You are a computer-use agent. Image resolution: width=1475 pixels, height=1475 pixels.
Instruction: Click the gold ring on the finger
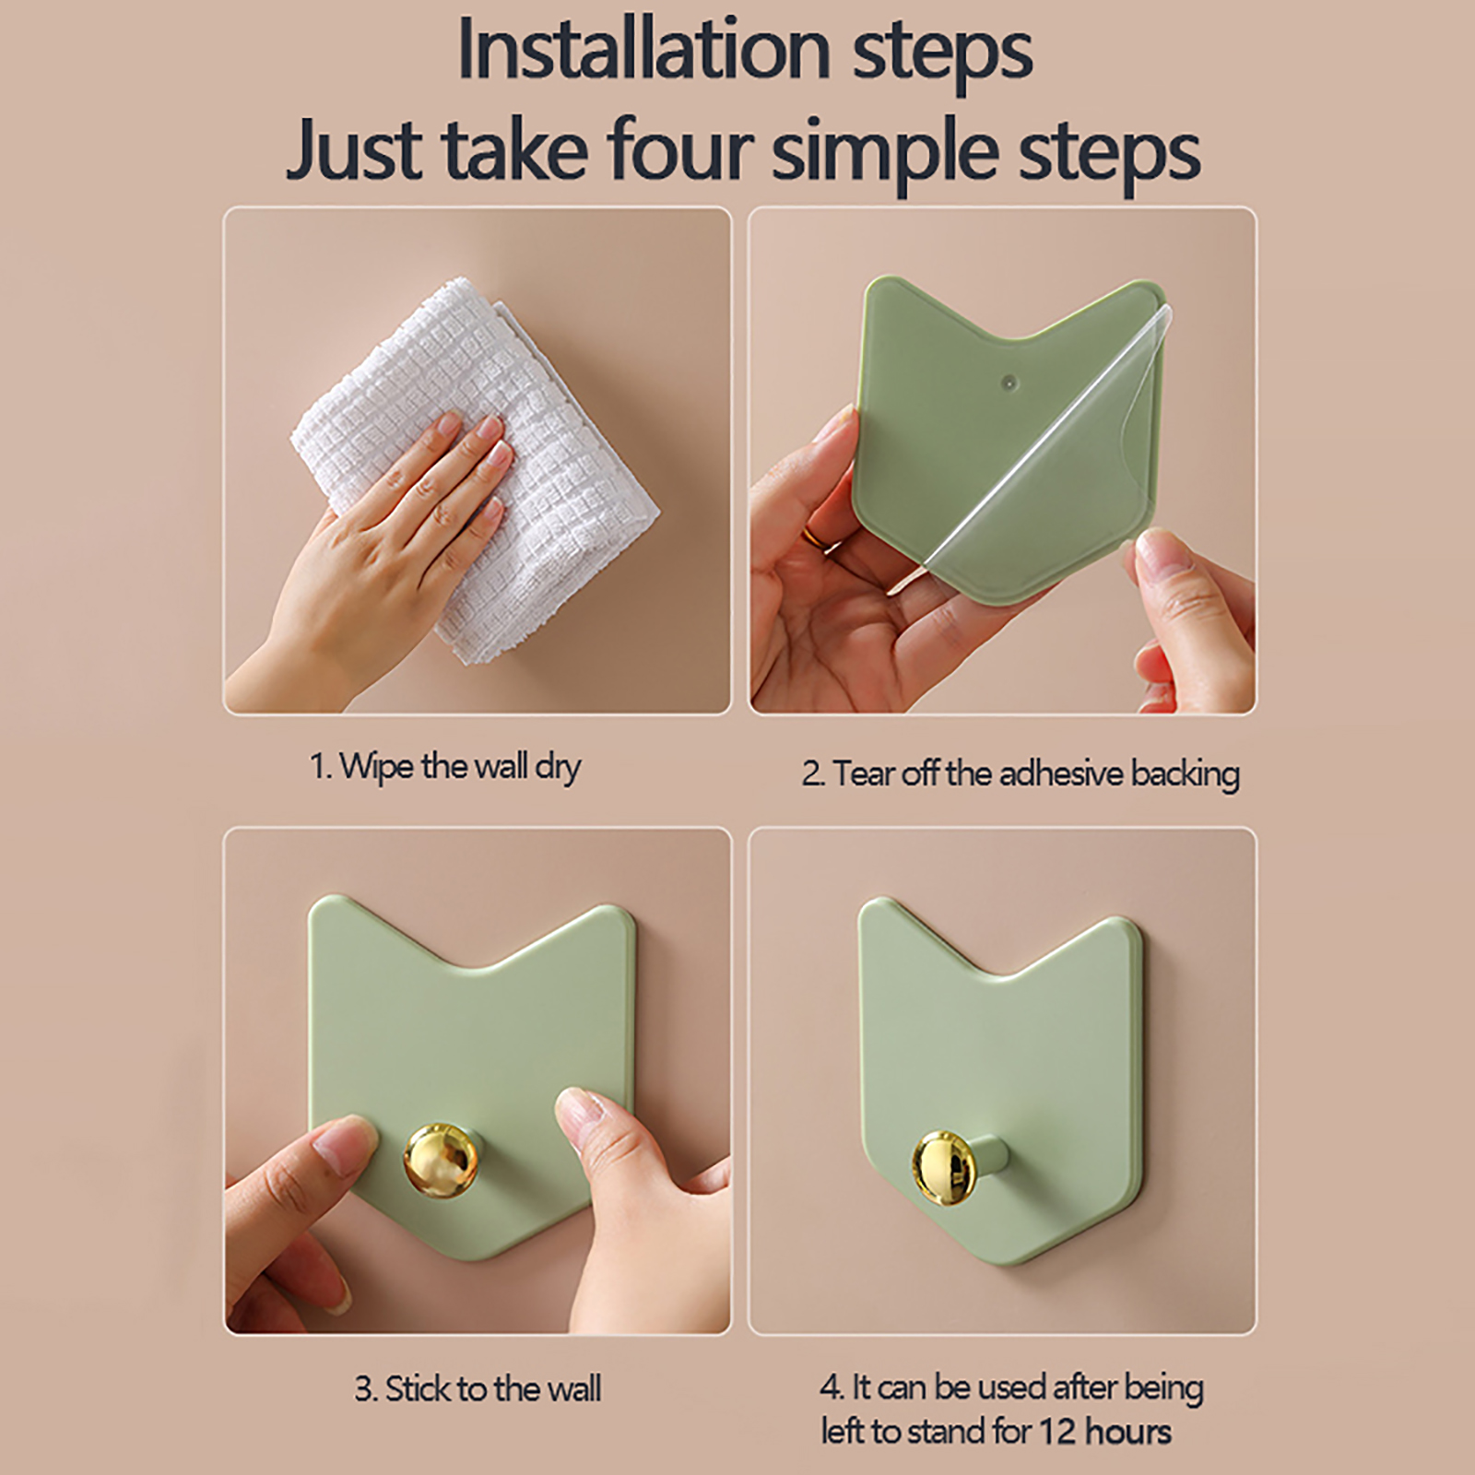(x=816, y=537)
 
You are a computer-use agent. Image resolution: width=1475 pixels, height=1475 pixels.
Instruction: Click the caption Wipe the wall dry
(x=445, y=767)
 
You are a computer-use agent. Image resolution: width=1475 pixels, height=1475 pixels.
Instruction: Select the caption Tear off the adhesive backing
(x=1021, y=773)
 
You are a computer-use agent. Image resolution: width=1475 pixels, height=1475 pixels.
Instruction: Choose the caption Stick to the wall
(x=478, y=1388)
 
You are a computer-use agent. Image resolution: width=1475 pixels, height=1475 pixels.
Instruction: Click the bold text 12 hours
(x=1105, y=1432)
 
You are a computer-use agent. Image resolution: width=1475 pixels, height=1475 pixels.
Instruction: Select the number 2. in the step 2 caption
(x=812, y=773)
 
